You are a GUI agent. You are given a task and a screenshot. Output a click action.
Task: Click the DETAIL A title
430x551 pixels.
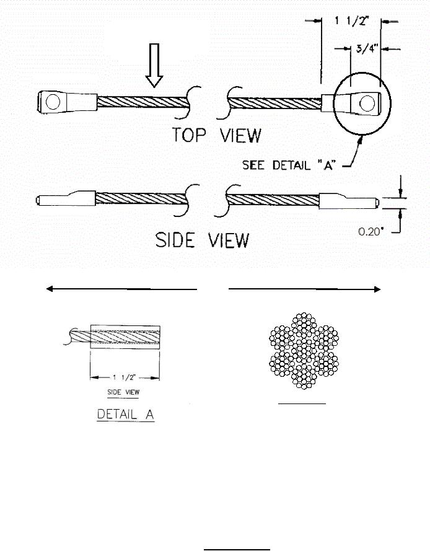tap(125, 415)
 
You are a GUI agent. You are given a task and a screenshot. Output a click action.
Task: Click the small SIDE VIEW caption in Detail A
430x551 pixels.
tap(124, 392)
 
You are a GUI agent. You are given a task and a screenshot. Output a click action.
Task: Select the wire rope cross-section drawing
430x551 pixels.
tap(302, 351)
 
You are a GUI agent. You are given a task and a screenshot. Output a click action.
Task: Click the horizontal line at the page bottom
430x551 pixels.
tap(237, 549)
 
